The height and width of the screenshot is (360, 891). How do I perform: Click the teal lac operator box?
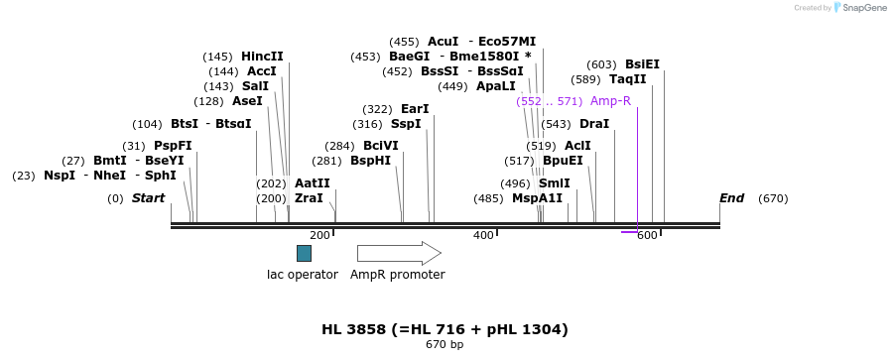click(304, 253)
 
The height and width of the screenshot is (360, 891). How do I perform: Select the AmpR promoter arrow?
click(399, 253)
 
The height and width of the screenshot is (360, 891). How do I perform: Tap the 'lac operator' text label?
click(303, 275)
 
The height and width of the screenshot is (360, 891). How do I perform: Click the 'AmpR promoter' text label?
click(398, 275)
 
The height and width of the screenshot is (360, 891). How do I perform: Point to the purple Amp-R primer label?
click(610, 101)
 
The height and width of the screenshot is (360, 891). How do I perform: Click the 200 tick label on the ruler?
click(319, 235)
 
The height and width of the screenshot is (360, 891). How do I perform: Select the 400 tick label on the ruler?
click(483, 235)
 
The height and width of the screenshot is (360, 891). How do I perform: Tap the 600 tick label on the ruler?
click(647, 235)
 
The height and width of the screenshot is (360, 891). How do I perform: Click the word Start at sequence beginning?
click(149, 198)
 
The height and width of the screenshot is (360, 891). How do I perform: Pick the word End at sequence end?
click(731, 198)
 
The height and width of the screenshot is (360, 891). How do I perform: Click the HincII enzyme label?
click(262, 57)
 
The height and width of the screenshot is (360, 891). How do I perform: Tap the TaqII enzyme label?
click(627, 79)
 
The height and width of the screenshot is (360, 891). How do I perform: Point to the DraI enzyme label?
click(593, 124)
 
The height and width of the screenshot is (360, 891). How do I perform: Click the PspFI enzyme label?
click(173, 146)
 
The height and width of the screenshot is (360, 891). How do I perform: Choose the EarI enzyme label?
click(415, 109)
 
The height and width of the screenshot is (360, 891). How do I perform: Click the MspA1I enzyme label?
click(537, 198)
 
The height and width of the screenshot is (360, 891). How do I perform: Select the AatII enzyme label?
click(313, 183)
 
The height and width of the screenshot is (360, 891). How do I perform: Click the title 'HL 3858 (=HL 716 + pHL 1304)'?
click(445, 329)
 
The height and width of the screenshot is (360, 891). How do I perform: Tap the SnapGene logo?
click(861, 8)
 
